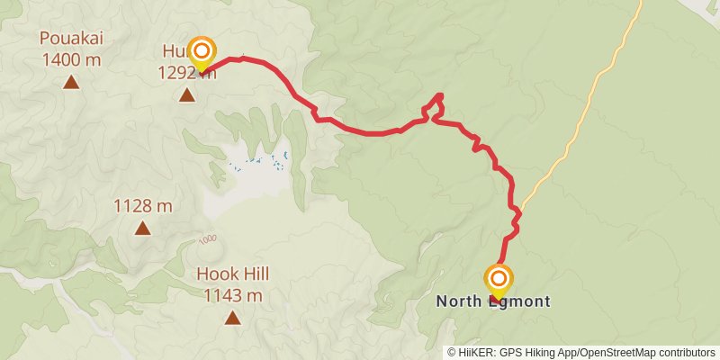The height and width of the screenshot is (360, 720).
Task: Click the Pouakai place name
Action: click(x=69, y=39)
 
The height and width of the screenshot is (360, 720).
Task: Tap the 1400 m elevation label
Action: click(x=70, y=60)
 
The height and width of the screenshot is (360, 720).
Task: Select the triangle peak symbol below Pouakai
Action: click(x=70, y=83)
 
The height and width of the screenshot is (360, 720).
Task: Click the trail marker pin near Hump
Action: click(x=203, y=53)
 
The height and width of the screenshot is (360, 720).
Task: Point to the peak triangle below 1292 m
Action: click(x=187, y=94)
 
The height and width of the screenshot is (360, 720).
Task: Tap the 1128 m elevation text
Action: click(x=142, y=206)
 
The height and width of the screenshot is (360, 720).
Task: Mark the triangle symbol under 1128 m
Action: click(x=142, y=228)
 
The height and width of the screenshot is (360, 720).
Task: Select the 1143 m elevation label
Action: click(x=233, y=295)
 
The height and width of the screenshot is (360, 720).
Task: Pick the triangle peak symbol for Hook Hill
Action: click(x=233, y=317)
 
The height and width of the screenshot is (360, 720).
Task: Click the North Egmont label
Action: click(x=492, y=301)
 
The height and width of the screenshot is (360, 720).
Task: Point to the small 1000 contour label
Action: click(x=208, y=238)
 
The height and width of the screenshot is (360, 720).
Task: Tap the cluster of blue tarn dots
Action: click(x=261, y=163)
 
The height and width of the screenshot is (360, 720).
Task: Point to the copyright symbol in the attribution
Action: click(x=452, y=353)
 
